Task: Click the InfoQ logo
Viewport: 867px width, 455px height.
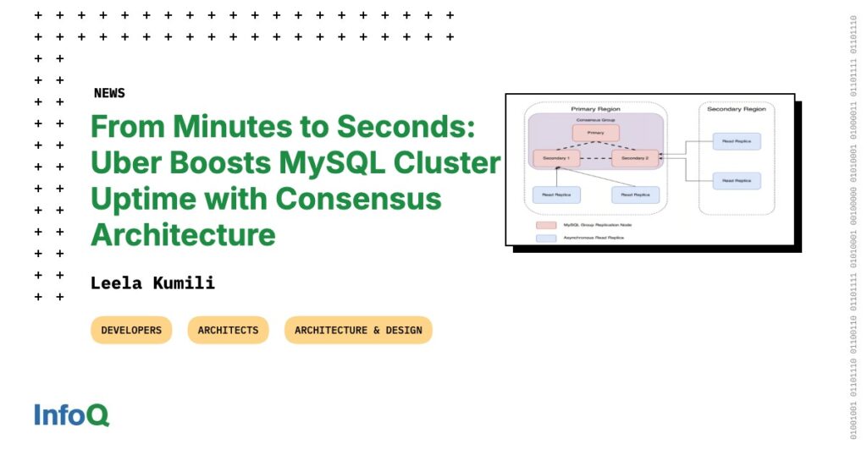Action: (x=72, y=415)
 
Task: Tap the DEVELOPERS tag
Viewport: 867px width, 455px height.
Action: (x=131, y=330)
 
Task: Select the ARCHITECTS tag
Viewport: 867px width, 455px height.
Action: (x=228, y=330)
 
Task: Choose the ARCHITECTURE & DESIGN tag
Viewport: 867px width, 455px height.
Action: (x=358, y=330)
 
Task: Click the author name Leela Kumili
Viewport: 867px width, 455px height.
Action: (x=152, y=283)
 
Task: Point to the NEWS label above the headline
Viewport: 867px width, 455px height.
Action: (x=109, y=93)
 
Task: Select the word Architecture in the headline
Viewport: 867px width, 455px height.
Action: (x=183, y=234)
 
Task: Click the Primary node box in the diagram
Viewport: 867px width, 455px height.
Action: (x=595, y=133)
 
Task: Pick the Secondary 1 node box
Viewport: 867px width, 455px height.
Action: (x=556, y=158)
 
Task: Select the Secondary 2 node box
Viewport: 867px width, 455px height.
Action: (x=634, y=158)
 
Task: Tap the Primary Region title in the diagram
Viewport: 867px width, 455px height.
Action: (x=595, y=109)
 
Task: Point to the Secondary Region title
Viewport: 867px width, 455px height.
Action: (x=737, y=109)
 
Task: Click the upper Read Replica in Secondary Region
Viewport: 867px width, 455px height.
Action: (x=737, y=141)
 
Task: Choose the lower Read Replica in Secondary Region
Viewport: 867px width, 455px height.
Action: (x=737, y=180)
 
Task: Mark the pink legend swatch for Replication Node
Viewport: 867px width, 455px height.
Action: (x=546, y=225)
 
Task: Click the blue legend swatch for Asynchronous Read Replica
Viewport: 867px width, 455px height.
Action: (x=546, y=238)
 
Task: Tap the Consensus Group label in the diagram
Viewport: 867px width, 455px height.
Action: (x=595, y=120)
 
